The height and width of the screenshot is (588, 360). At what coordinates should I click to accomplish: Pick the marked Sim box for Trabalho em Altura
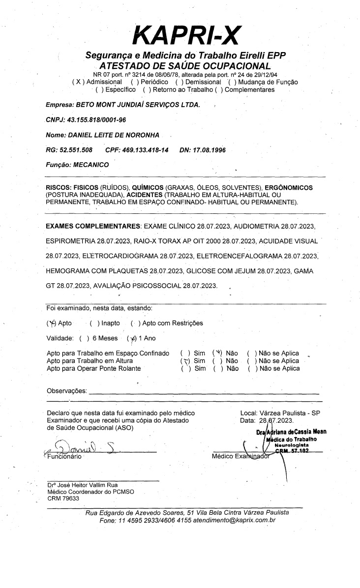click(185, 361)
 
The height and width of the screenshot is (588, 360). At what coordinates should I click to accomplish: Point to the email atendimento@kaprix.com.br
click(235, 520)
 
